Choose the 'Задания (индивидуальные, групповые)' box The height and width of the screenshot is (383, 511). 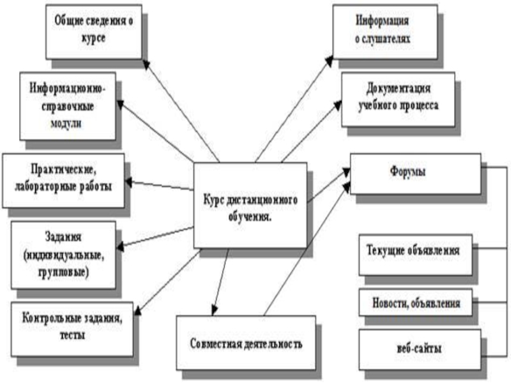click(x=63, y=253)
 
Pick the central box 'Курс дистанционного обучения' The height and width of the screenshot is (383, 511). click(x=249, y=206)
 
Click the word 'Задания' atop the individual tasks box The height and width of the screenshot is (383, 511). click(x=63, y=237)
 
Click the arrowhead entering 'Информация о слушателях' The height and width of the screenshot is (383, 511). click(x=328, y=59)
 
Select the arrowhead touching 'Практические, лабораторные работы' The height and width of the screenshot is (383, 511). click(x=128, y=182)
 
